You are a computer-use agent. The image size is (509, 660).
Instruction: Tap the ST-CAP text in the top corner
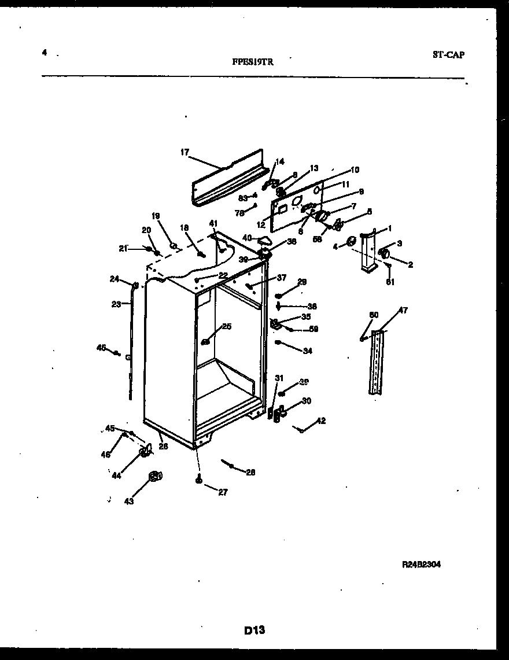(448, 55)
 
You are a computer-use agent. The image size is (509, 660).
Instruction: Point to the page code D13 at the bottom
(254, 630)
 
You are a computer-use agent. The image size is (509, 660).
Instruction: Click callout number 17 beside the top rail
(185, 153)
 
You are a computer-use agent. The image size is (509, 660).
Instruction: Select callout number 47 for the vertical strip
(403, 311)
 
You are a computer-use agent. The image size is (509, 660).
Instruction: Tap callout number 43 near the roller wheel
(128, 502)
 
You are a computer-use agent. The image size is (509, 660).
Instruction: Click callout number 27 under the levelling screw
(223, 492)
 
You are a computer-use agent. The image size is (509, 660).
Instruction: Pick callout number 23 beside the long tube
(116, 304)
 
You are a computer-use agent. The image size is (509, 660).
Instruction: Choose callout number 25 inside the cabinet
(226, 326)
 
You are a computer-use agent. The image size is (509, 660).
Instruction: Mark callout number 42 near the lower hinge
(321, 421)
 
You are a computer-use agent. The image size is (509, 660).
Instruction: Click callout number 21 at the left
(123, 248)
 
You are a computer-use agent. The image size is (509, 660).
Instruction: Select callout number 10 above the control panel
(355, 170)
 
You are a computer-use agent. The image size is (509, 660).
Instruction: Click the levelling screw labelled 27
(198, 479)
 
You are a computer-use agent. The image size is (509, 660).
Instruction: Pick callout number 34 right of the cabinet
(307, 351)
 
